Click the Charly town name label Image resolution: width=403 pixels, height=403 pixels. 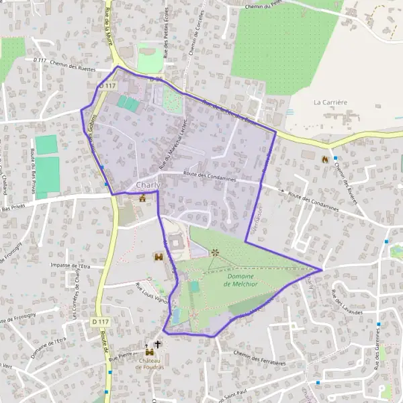tap(148, 185)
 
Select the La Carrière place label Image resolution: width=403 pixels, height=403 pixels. tap(330, 102)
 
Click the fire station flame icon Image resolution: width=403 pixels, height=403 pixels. tap(324, 159)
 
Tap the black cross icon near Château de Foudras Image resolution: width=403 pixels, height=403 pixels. tap(158, 345)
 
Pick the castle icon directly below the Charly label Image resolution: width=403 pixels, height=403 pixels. tap(142, 198)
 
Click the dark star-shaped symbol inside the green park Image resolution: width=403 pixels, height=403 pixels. tap(215, 253)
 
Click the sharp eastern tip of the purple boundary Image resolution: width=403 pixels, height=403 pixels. tap(322, 269)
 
